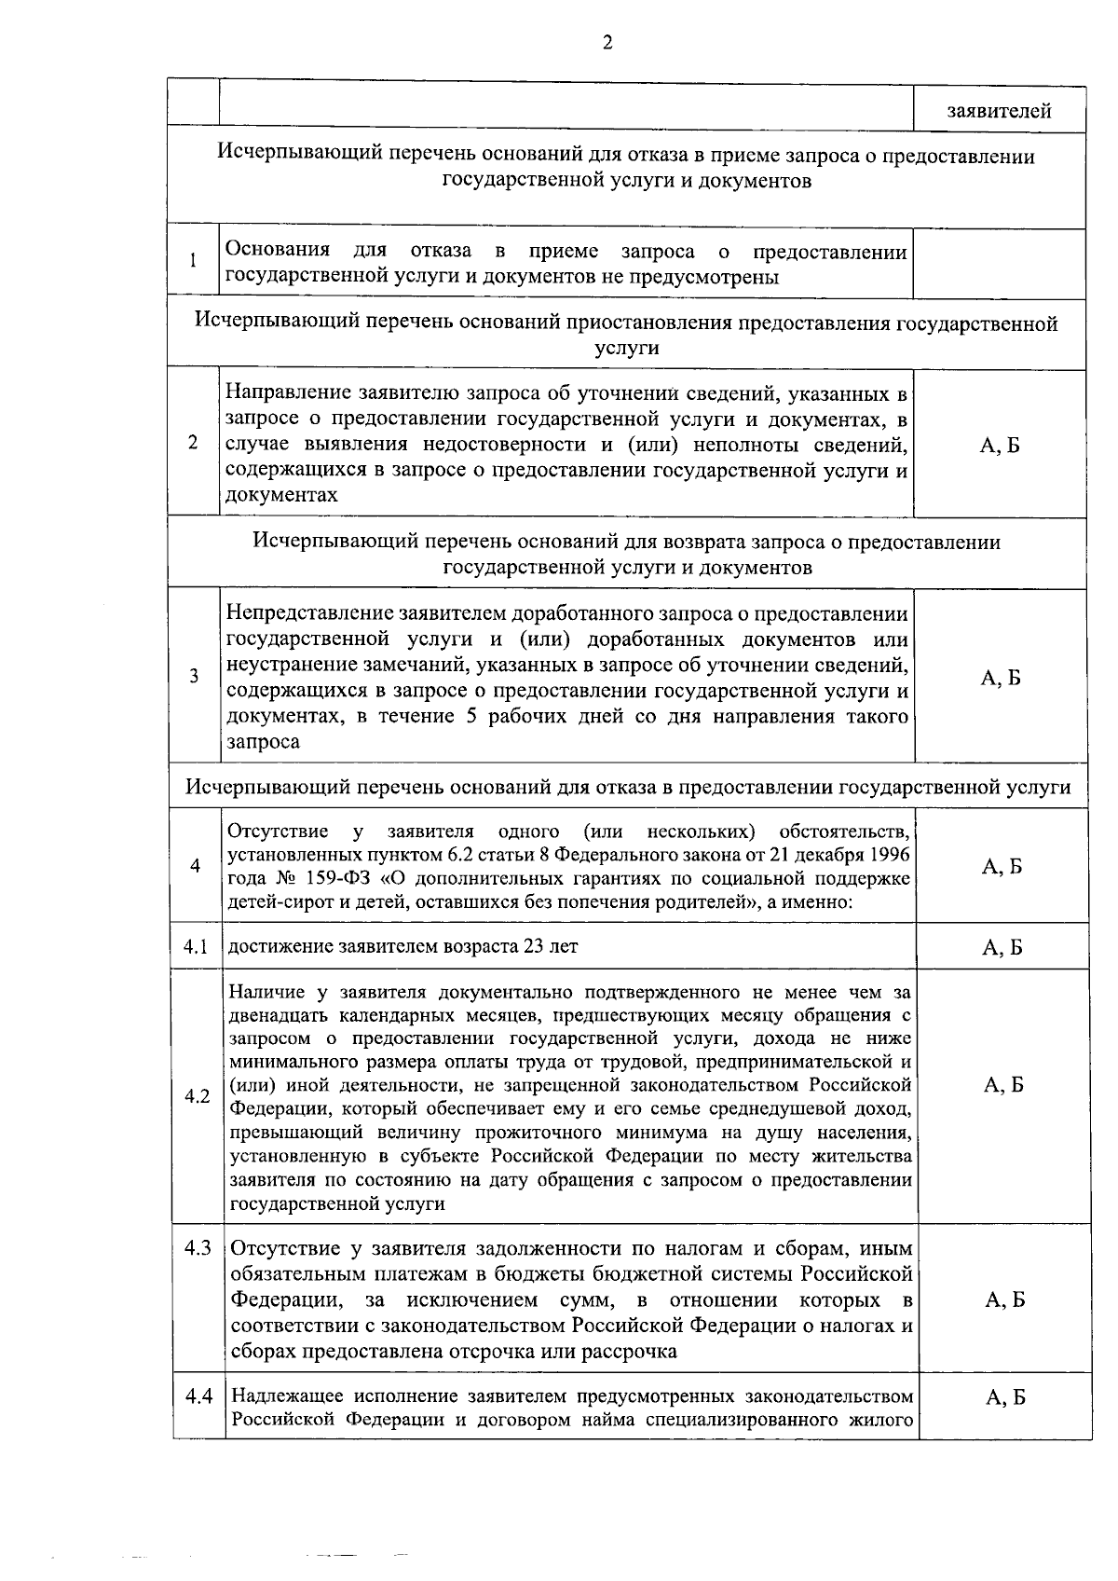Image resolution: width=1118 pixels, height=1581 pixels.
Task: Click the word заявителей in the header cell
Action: click(999, 112)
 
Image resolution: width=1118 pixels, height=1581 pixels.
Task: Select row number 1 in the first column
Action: click(193, 261)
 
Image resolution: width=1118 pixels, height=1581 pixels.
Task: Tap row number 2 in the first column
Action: click(193, 443)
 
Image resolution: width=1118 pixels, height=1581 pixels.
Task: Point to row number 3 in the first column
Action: click(194, 676)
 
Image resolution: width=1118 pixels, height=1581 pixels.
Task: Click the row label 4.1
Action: click(196, 946)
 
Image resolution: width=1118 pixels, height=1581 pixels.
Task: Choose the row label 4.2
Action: click(197, 1096)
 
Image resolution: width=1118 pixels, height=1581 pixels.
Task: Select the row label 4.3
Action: click(198, 1247)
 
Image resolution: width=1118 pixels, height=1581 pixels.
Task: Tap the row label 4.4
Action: click(198, 1395)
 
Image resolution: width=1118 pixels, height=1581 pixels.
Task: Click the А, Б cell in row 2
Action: click(1000, 445)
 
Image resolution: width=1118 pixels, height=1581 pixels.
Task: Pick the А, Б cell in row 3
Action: click(1001, 678)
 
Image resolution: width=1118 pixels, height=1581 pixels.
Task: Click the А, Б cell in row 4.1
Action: click(1002, 948)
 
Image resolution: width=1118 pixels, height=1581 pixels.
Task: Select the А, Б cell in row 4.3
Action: click(1004, 1299)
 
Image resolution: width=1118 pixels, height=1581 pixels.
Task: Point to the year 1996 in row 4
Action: click(889, 855)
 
